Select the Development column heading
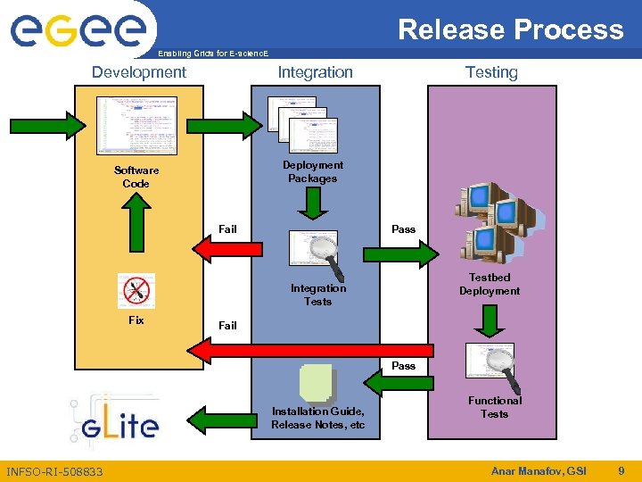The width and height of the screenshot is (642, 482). [139, 72]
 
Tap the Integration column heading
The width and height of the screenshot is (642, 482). [315, 72]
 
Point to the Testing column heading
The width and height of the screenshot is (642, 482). [491, 72]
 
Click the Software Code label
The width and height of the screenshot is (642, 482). [136, 177]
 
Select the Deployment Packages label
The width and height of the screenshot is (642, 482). [312, 171]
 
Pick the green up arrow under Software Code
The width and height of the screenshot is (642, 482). [136, 223]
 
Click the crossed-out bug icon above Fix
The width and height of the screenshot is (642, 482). [136, 290]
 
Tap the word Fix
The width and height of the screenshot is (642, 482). [136, 320]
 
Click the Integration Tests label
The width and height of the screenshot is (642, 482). [317, 295]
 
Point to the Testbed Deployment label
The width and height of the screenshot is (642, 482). [490, 284]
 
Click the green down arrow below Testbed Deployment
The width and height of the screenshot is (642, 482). [490, 320]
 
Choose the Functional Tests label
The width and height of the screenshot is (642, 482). [494, 407]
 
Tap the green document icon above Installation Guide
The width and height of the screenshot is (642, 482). [318, 382]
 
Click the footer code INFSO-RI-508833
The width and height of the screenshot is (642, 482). [54, 471]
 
